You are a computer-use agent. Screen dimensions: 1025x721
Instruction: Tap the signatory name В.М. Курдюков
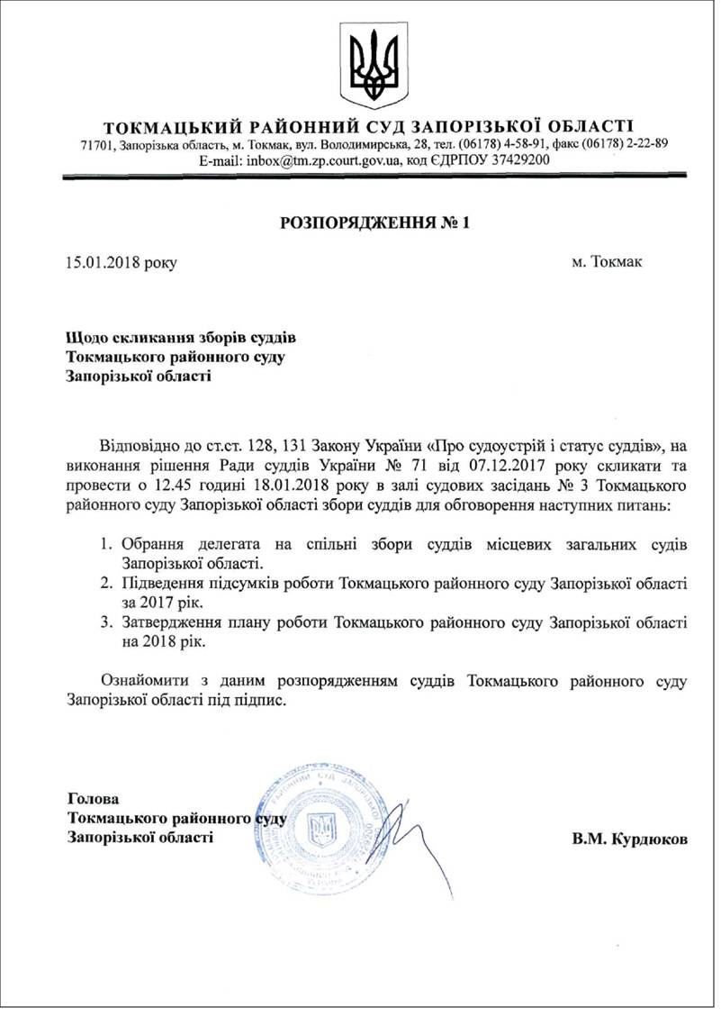pos(629,839)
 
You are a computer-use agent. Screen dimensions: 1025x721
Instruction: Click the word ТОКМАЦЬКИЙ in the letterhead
pos(158,125)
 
